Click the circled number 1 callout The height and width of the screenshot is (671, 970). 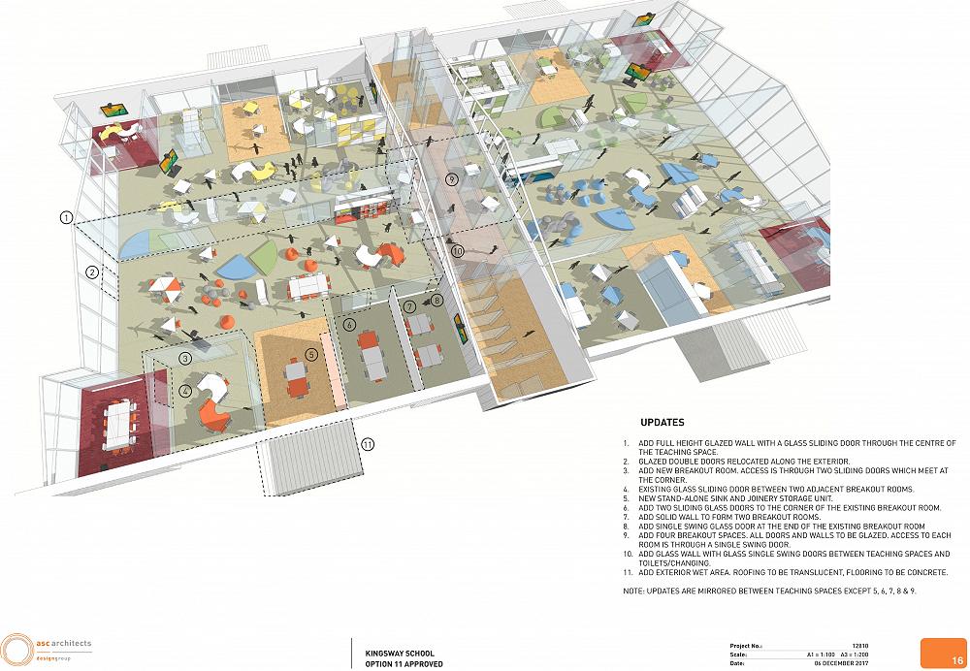(66, 218)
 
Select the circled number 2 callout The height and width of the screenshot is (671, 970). (92, 272)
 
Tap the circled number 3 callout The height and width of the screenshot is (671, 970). (185, 358)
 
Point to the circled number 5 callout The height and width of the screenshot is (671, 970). (311, 354)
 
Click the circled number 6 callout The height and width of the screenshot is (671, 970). (349, 324)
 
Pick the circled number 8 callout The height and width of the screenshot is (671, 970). (437, 301)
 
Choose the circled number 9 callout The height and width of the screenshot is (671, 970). (452, 179)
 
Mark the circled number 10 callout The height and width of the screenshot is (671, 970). (457, 251)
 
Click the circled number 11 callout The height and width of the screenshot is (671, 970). (368, 444)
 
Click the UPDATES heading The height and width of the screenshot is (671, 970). (662, 423)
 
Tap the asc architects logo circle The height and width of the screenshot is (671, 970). (17, 651)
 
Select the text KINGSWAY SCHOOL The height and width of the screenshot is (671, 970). (400, 654)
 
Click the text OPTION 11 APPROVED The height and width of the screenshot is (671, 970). (404, 664)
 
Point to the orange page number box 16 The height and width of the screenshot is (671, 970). (944, 654)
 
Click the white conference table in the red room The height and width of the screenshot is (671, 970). (118, 424)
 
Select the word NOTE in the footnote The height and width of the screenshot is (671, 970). (632, 591)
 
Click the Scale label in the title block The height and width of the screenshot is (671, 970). (738, 655)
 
